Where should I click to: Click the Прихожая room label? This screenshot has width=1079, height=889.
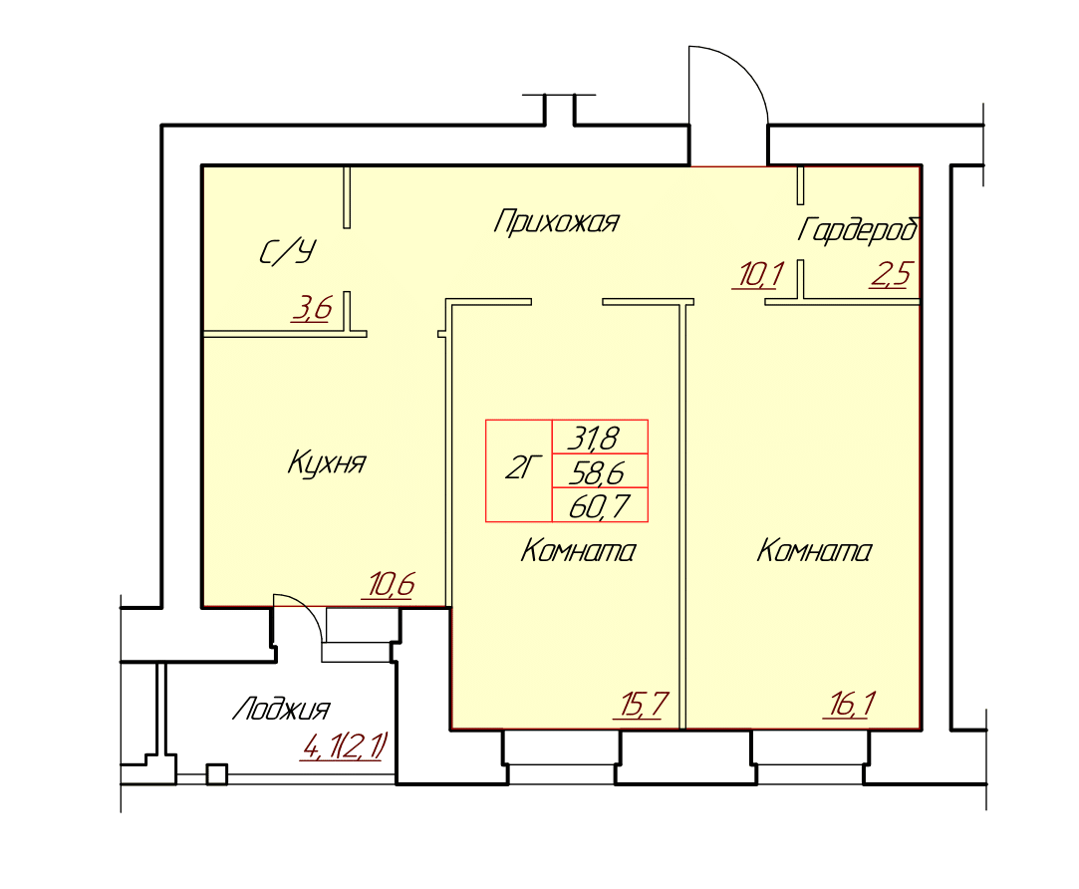point(556,222)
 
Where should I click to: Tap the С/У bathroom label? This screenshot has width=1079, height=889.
point(288,252)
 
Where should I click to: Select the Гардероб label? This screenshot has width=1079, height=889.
point(858,230)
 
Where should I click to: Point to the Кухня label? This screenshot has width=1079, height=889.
point(326,462)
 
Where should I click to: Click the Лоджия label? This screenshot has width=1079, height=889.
point(281,709)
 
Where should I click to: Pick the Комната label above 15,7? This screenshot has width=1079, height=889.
point(578,551)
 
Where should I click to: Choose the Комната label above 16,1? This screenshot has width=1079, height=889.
point(814,551)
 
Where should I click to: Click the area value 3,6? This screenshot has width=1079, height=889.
point(313,309)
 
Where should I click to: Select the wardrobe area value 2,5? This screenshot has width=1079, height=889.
point(891,274)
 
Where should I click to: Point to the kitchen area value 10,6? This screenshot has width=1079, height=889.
point(391,585)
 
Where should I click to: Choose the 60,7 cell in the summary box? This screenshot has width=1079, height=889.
point(600,505)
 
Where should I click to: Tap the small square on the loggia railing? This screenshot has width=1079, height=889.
point(217,774)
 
